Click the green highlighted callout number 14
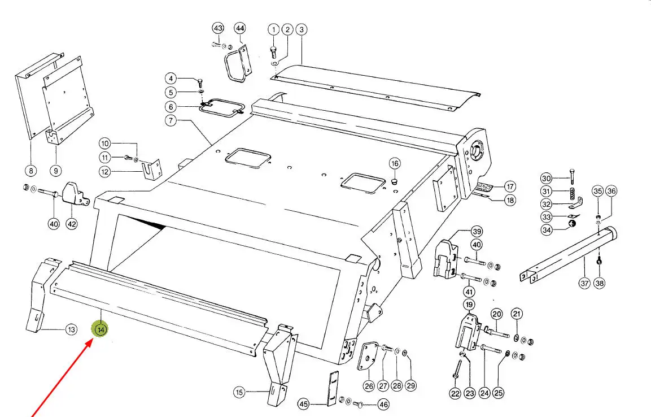pos(101,329)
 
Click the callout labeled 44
pos(240,28)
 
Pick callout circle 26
pos(368,386)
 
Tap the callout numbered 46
pos(383,405)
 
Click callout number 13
pos(71,329)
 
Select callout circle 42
pos(72,224)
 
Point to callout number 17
pos(510,186)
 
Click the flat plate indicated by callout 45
pos(332,388)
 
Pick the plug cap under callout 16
pos(394,182)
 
